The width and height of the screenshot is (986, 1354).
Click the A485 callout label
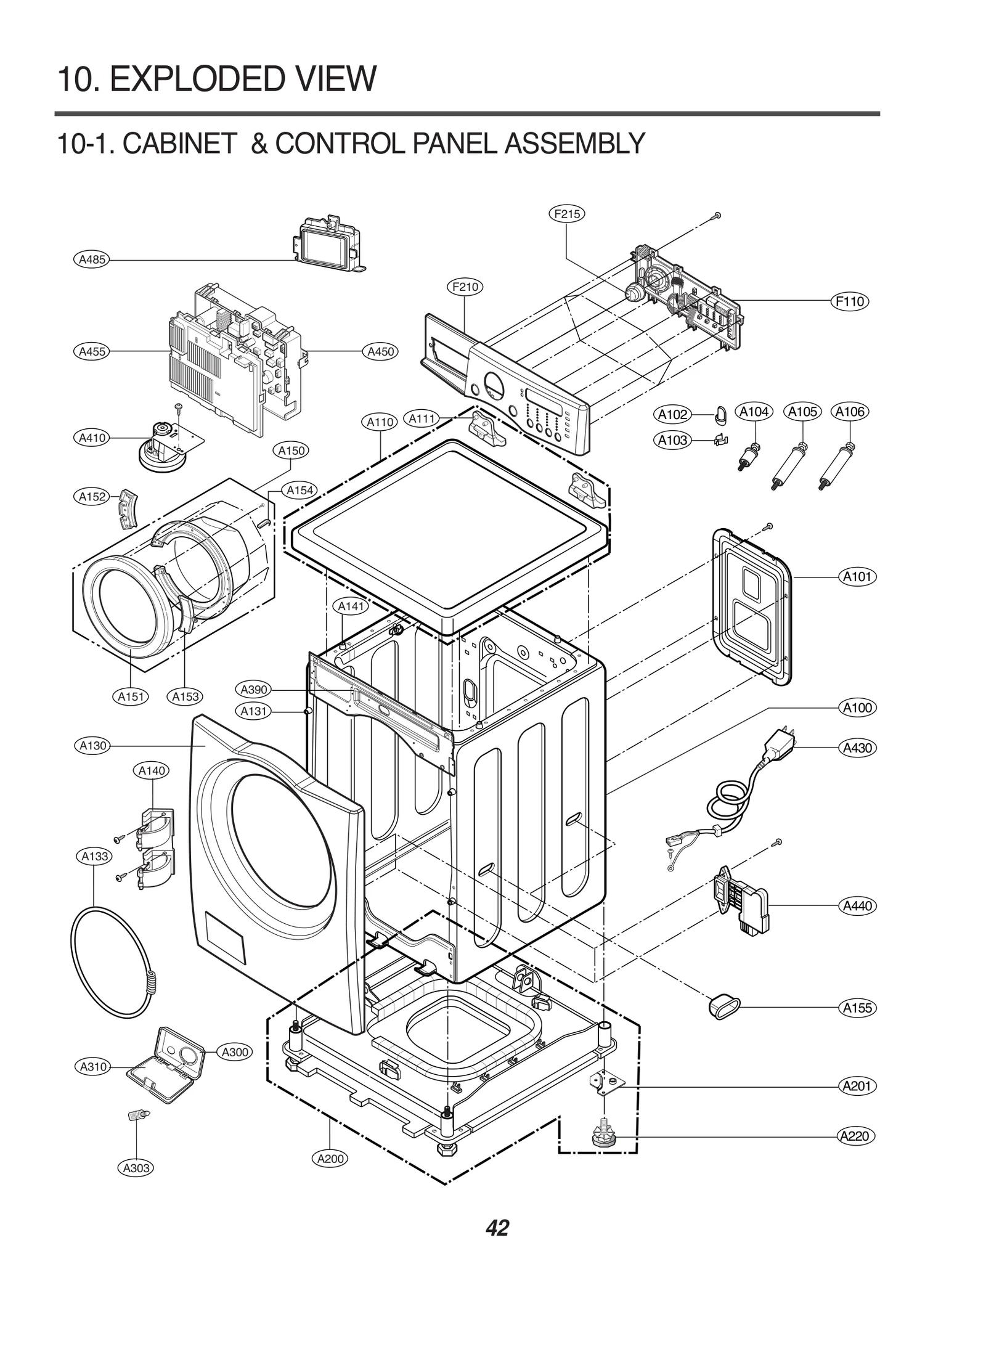tap(92, 259)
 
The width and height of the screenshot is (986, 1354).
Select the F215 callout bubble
tap(566, 214)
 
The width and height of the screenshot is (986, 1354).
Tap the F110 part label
tap(850, 301)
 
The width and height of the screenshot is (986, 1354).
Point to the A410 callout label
tap(92, 438)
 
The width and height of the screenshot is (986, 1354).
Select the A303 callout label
tap(136, 1167)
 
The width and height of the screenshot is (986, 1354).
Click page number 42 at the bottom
tap(497, 1228)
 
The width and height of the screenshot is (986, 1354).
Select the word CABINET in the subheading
tap(179, 144)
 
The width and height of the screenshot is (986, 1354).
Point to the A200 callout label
tap(330, 1158)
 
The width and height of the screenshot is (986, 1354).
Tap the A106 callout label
tap(850, 412)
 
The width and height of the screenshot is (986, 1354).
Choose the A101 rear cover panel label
tap(857, 577)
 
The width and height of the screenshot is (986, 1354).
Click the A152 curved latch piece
tap(128, 508)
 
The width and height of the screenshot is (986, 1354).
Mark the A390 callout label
tap(253, 689)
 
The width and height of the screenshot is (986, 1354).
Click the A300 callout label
tap(235, 1051)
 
